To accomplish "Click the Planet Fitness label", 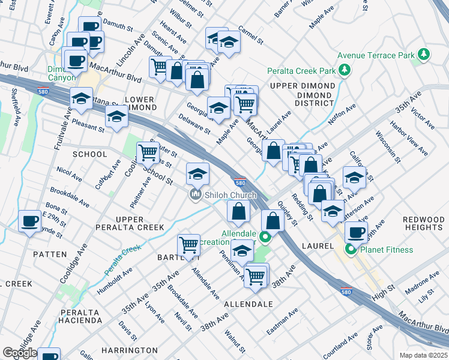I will pyautogui.click(x=383, y=250).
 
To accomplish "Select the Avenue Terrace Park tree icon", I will pyautogui.click(x=424, y=55).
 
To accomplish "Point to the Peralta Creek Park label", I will pyautogui.click(x=301, y=71).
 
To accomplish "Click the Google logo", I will pyautogui.click(x=20, y=353).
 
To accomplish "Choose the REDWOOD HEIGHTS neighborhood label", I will pyautogui.click(x=424, y=223).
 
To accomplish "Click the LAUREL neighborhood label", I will pyautogui.click(x=318, y=246).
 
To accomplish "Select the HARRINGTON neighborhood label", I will pyautogui.click(x=129, y=350).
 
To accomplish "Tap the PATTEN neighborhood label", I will pyautogui.click(x=50, y=254).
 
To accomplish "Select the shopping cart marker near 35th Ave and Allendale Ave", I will pyautogui.click(x=189, y=245).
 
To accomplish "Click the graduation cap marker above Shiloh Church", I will pyautogui.click(x=197, y=174).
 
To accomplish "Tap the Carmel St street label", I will pyautogui.click(x=251, y=35).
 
